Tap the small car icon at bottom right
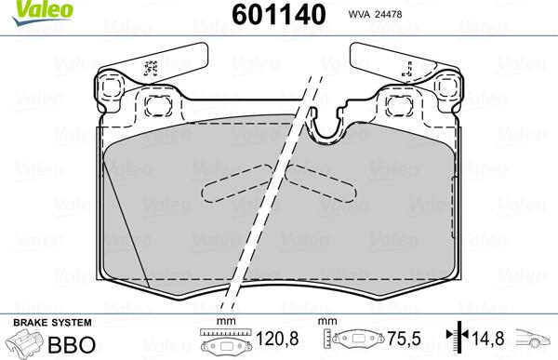coord(535,341)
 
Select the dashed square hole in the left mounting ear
coord(115,91)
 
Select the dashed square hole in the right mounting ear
coord(443,91)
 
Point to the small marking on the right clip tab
coord(406,66)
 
